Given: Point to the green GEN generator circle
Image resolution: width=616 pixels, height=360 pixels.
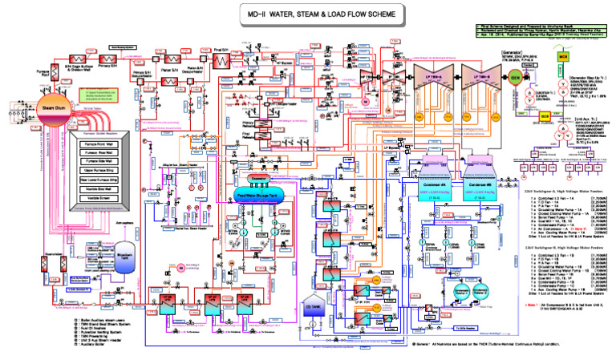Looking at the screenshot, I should coord(515,79).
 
